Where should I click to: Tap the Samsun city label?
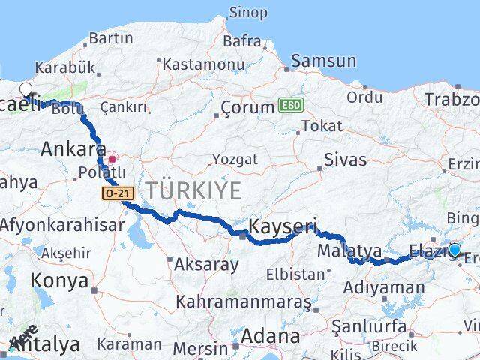click(x=323, y=61)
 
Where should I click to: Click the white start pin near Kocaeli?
click(x=26, y=90)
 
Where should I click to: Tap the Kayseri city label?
click(x=283, y=226)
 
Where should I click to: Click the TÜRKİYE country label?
click(x=193, y=191)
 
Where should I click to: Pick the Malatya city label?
click(x=349, y=250)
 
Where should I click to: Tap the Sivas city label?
click(x=346, y=160)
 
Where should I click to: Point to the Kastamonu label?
click(x=203, y=64)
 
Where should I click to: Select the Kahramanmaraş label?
click(x=243, y=301)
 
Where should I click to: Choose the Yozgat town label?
click(x=234, y=160)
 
